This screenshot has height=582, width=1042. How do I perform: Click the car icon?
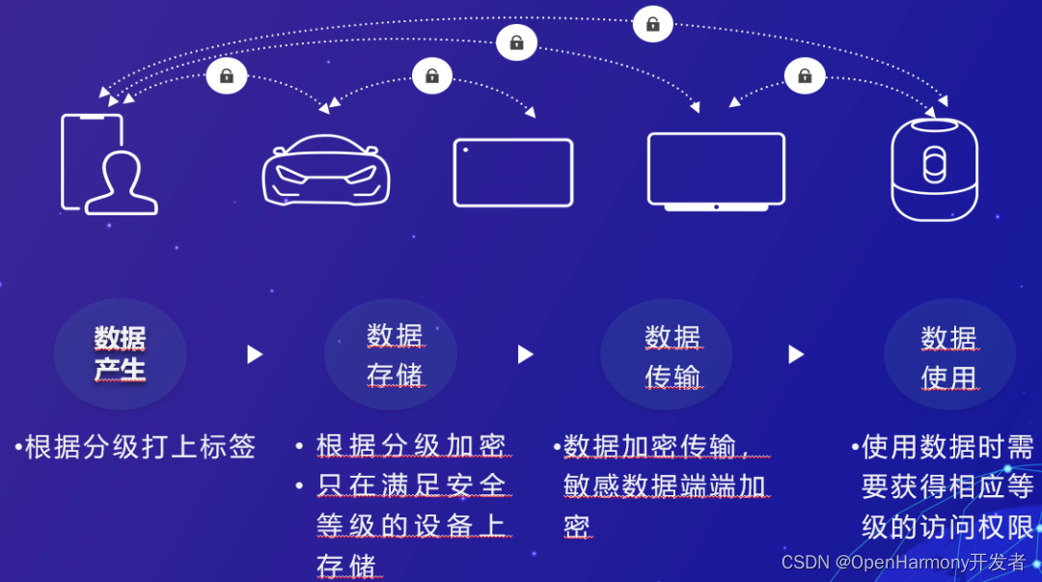(x=326, y=170)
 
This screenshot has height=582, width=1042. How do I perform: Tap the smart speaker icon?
(x=934, y=169)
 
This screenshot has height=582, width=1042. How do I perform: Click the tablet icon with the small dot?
(x=513, y=173)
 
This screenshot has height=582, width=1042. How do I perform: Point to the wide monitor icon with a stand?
(x=716, y=171)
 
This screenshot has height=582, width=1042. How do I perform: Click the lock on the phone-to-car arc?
(x=227, y=75)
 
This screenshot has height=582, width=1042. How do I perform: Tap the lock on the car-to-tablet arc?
(x=432, y=75)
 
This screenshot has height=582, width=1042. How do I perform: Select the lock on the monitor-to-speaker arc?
(x=805, y=75)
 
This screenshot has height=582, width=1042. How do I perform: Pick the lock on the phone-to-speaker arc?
(x=653, y=23)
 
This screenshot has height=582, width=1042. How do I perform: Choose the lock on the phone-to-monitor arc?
(x=516, y=42)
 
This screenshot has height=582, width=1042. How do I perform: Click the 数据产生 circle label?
(x=120, y=354)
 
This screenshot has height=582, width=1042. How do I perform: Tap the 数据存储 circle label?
(x=395, y=354)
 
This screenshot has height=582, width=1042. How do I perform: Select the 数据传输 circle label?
(x=672, y=355)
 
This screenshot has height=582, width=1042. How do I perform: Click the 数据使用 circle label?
(x=948, y=356)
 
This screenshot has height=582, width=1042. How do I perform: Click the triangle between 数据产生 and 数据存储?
(x=255, y=354)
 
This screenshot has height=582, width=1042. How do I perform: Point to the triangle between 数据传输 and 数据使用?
(x=796, y=354)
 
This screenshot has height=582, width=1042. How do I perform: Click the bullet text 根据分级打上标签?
(x=140, y=447)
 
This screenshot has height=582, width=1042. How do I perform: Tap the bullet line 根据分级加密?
(x=411, y=446)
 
